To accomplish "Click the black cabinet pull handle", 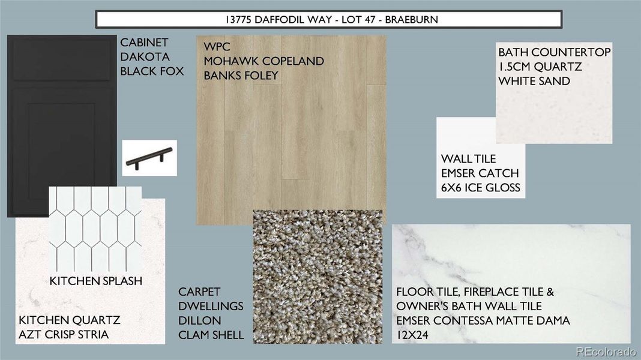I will click(149, 158).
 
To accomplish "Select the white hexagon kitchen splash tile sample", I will click(95, 228).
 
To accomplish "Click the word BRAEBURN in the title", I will click(411, 19).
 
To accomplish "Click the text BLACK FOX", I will click(152, 71).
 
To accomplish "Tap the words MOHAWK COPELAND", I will click(263, 61).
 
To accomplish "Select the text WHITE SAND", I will click(534, 81).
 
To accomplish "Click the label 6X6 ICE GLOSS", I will click(480, 188).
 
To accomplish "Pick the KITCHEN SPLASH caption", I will click(95, 280).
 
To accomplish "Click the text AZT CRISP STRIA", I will click(64, 335).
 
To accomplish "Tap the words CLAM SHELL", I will click(211, 335).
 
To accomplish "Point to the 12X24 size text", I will click(412, 335).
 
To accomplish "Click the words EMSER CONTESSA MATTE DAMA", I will click(483, 321).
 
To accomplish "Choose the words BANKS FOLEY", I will click(241, 76).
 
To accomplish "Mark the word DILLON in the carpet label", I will click(199, 321).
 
